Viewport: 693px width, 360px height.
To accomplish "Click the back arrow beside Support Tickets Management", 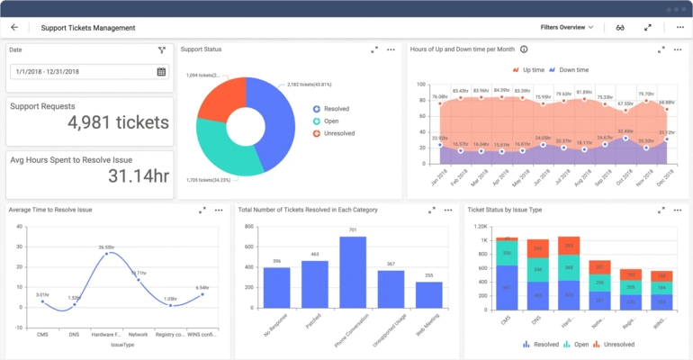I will pos(14,27).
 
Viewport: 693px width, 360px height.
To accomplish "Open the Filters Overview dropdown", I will pos(567,27).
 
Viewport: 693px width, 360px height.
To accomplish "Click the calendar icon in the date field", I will pos(161,72).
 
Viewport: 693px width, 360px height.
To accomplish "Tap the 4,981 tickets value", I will pos(118,122).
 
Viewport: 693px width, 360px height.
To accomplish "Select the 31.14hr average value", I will pos(139,175).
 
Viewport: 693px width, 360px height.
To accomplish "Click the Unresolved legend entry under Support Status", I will pos(335,133).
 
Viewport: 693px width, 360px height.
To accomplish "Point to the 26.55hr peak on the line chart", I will pos(106,254).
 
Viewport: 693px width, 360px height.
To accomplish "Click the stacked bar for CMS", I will pos(507,274).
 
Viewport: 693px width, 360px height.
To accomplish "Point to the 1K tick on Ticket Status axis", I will pos(483,241).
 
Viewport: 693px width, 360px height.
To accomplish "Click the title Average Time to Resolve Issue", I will pos(50,210).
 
